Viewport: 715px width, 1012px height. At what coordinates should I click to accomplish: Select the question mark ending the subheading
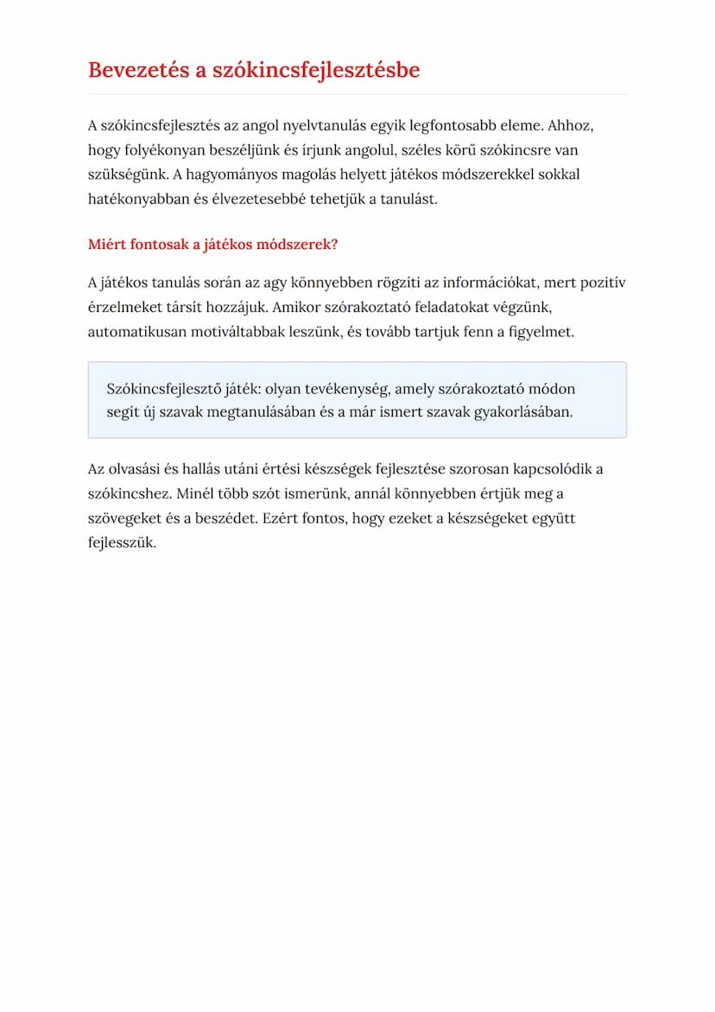click(334, 245)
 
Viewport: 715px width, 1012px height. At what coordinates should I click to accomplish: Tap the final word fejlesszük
click(122, 544)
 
